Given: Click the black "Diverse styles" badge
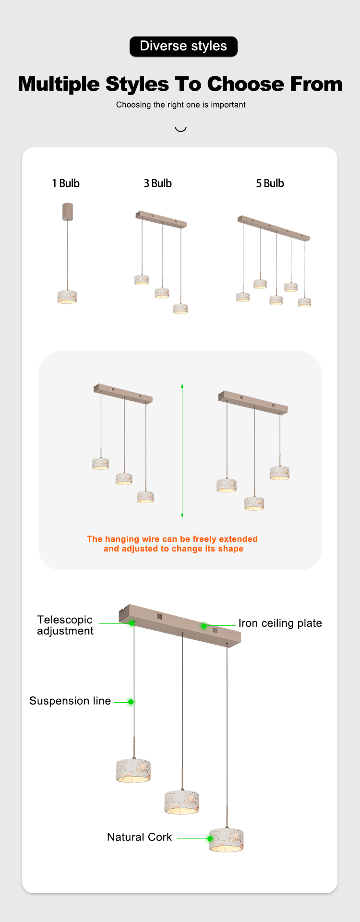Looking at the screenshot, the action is coord(183,47).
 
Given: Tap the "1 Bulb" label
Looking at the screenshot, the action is coord(66,183).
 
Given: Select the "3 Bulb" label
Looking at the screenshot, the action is coord(157,183).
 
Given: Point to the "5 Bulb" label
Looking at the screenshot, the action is coord(270,183).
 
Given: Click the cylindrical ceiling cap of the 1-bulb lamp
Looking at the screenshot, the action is coord(68,212).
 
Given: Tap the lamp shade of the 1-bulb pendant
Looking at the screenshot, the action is coord(67,297).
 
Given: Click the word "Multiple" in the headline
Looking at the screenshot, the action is coord(59,84).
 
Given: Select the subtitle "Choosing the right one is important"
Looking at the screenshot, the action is coord(180,105).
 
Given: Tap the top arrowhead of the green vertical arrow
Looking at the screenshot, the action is coord(182,385).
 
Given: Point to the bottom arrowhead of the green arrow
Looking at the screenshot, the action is coord(182,515).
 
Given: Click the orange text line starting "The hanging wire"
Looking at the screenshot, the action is coord(172,539).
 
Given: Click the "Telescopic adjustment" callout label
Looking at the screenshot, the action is coord(65,625).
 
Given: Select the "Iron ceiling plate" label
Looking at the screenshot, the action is coord(280,623).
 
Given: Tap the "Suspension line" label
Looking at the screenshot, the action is coord(70,701).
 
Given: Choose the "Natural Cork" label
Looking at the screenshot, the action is coord(139,837).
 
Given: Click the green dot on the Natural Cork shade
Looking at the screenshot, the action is coord(210,838).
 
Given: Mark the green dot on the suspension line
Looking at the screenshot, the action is coord(131,702).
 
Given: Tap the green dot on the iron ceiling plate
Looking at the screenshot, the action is coord(204,626).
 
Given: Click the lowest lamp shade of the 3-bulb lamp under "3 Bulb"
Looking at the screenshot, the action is coord(180,308).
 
